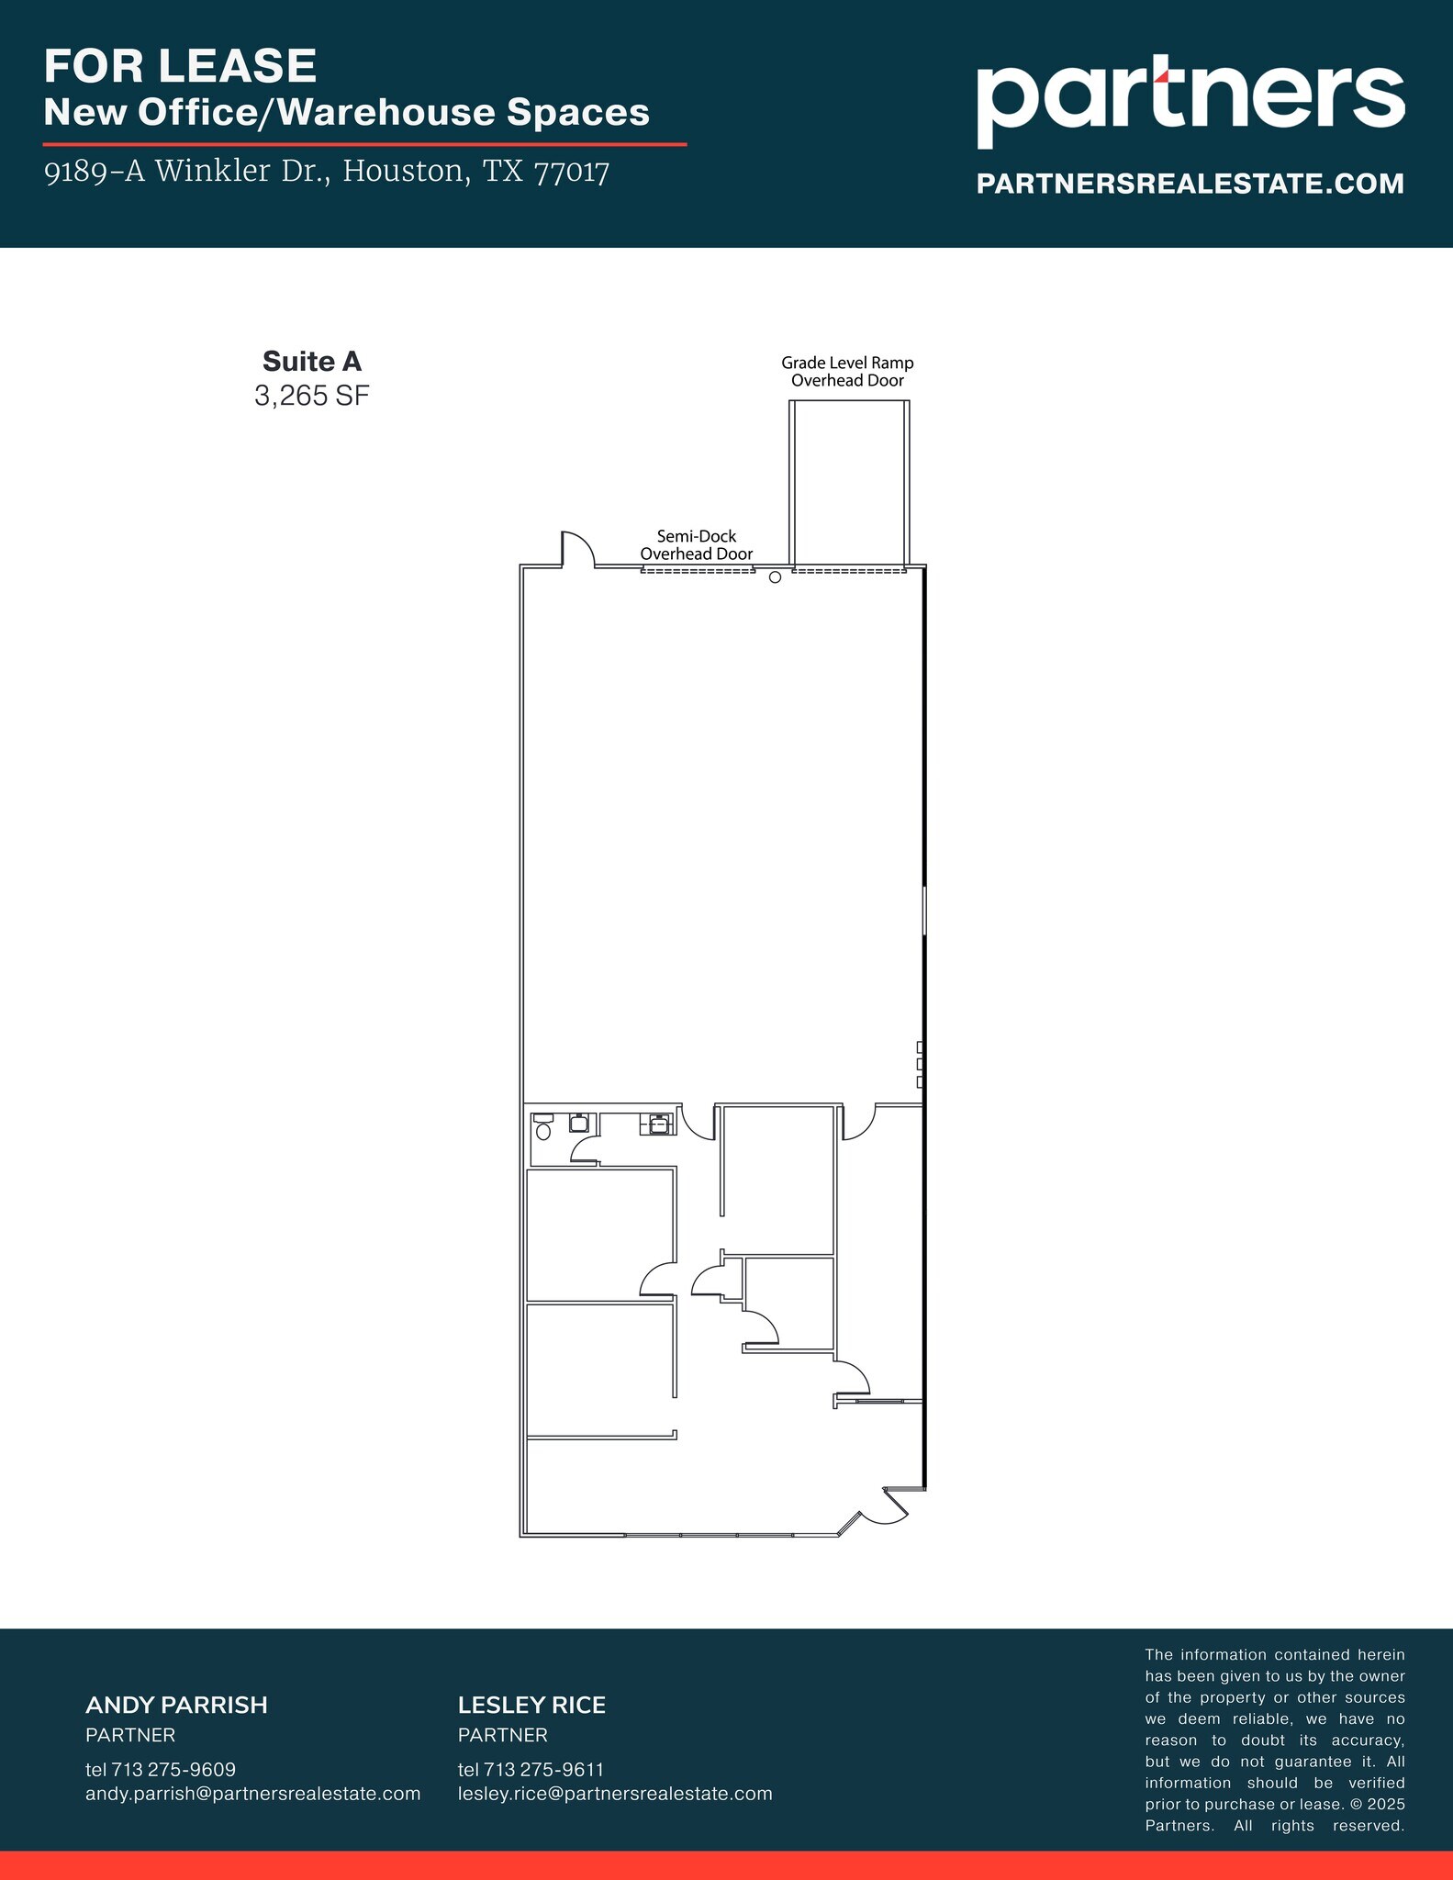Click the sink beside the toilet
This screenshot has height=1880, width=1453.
click(578, 1123)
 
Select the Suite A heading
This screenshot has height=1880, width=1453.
click(312, 361)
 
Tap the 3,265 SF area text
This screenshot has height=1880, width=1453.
click(312, 396)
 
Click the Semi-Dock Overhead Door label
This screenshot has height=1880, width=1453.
click(696, 544)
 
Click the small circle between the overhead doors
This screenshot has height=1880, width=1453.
click(775, 577)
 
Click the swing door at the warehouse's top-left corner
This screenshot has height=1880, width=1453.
click(576, 549)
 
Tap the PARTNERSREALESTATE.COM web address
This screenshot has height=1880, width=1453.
click(1190, 184)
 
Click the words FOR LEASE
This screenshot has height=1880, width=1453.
click(181, 66)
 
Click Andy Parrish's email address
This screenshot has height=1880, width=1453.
click(252, 1793)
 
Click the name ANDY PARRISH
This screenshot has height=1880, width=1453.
click(176, 1705)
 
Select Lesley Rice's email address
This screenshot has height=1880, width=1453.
click(615, 1793)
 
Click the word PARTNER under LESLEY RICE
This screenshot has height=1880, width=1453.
click(502, 1735)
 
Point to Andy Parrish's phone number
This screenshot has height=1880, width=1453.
click(161, 1769)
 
